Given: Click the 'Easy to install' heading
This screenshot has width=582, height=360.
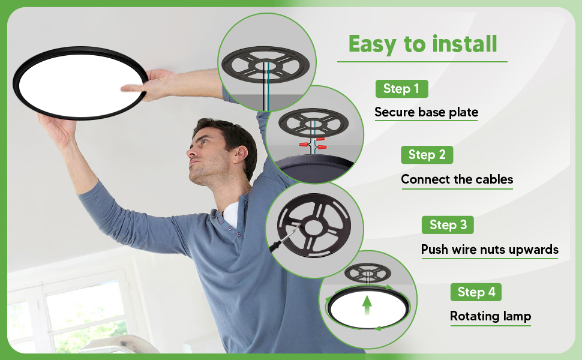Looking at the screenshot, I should (x=422, y=44).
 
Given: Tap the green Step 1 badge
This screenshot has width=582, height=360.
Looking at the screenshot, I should (x=401, y=89).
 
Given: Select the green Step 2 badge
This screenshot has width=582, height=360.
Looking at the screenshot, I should (x=427, y=155).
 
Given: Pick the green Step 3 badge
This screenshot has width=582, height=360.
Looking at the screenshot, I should (x=448, y=225).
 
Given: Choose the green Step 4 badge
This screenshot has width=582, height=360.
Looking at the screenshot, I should (x=476, y=292).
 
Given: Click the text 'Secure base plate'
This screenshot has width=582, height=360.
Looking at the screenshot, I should (x=426, y=112).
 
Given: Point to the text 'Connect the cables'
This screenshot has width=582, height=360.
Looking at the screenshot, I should (x=457, y=179).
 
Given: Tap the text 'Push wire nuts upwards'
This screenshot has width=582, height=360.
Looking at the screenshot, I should (x=490, y=250).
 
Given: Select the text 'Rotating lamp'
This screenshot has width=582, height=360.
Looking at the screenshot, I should (x=490, y=316).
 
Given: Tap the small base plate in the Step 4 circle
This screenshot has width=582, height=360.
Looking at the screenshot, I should (x=367, y=273).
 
